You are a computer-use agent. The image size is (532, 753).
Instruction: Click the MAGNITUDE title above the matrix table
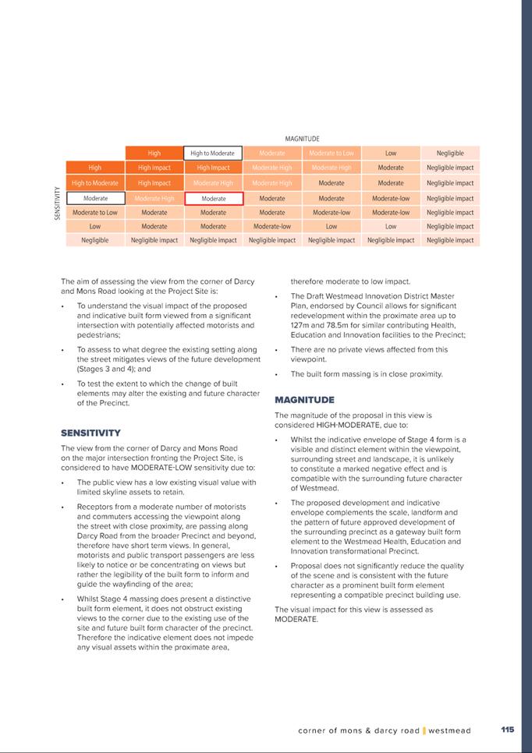pos(302,139)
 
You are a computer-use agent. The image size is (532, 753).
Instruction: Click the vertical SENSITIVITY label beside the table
pos(58,203)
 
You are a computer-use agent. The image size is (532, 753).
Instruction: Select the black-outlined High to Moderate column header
pos(213,154)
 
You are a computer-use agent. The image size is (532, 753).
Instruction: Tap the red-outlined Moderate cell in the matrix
pos(213,199)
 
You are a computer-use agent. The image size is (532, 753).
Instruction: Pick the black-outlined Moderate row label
pos(95,199)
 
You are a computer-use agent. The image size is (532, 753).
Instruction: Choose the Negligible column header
pos(450,154)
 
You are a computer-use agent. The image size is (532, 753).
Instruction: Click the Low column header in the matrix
pos(391,154)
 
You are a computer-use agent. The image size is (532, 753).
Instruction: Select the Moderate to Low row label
pos(95,213)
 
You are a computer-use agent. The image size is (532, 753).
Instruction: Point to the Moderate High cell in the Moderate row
pos(154,199)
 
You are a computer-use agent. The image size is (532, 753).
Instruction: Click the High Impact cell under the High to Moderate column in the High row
pos(213,168)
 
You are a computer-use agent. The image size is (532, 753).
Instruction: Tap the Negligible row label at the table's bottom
pos(95,240)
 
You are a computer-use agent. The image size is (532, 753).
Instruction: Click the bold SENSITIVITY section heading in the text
pos(90,433)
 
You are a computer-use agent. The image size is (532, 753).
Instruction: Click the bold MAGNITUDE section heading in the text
pos(305,400)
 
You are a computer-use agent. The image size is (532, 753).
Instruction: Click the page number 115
pos(507,730)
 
